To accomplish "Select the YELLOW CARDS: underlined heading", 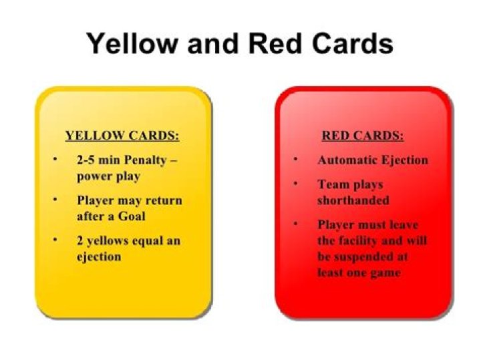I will (122, 136).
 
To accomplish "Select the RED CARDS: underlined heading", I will (363, 136).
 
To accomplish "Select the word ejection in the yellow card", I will (99, 256).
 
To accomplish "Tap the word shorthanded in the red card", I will (353, 200).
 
